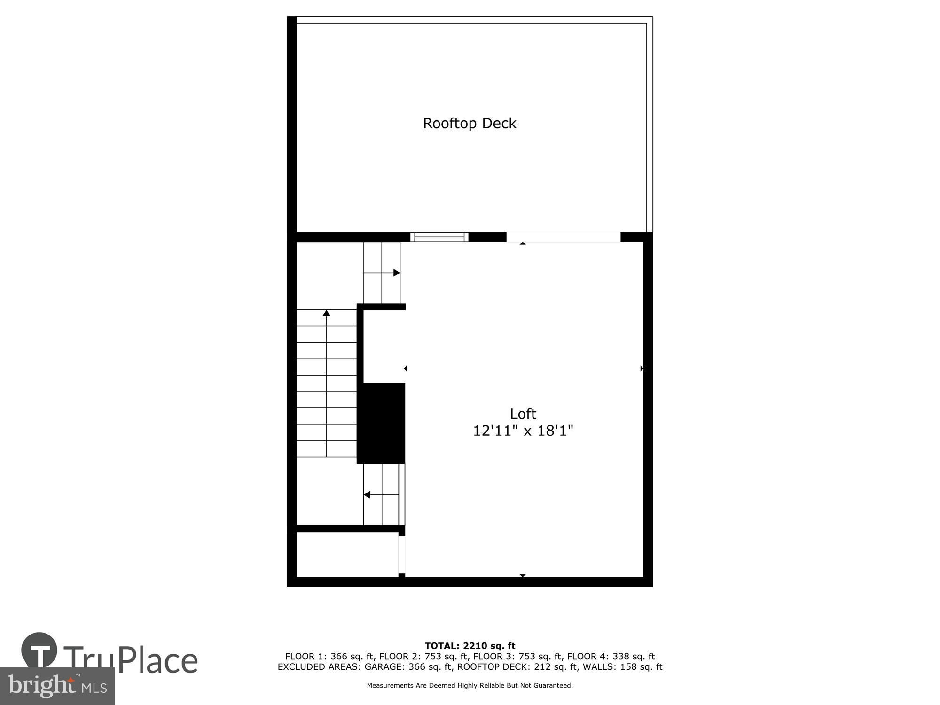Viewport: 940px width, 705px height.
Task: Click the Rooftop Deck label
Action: [x=470, y=123]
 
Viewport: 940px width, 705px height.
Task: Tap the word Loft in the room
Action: [x=523, y=414]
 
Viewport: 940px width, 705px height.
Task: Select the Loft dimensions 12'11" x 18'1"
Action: [x=523, y=431]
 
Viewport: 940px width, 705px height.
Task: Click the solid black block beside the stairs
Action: [x=381, y=423]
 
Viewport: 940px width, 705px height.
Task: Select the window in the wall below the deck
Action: [x=439, y=237]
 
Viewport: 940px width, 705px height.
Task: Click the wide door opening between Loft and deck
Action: [x=563, y=237]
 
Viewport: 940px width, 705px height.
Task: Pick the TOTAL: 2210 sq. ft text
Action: [x=470, y=646]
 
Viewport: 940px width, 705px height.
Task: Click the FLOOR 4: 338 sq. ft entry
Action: [x=611, y=657]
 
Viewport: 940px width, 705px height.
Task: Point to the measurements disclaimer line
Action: [x=470, y=686]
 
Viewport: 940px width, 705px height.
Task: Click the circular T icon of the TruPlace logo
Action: [x=39, y=650]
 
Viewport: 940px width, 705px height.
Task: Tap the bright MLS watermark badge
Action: [x=57, y=686]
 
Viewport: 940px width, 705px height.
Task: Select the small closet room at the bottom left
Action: [x=348, y=554]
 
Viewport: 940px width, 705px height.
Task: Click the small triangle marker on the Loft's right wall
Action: [x=642, y=368]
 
